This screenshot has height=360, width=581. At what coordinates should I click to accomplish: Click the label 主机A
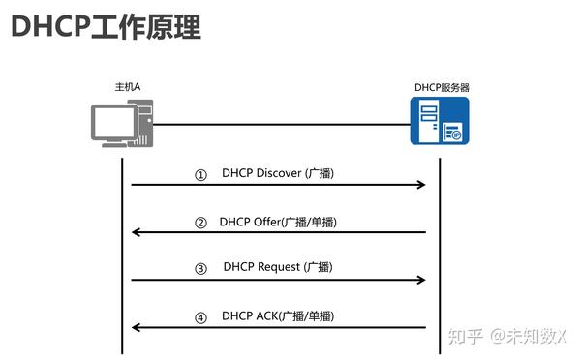pos(128,87)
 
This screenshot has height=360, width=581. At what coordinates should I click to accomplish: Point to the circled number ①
pos(200,175)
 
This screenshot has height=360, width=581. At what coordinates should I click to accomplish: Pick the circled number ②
pos(200,223)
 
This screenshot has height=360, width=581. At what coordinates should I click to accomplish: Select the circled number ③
pos(200,269)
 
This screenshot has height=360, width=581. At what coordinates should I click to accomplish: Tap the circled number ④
pos(200,316)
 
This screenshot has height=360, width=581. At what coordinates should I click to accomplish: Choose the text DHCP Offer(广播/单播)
pos(278,222)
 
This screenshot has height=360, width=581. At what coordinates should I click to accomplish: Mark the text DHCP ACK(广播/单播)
pos(278,315)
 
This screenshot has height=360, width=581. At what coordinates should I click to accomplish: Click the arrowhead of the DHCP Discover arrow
pos(421,184)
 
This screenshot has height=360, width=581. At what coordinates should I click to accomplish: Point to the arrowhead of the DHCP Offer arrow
pos(137,232)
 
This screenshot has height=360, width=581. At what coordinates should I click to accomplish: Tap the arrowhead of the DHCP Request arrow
pos(421,280)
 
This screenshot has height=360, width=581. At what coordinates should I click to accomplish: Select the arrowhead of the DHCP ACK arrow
pos(137,327)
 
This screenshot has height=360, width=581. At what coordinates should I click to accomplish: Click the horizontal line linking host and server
pos(281,124)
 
